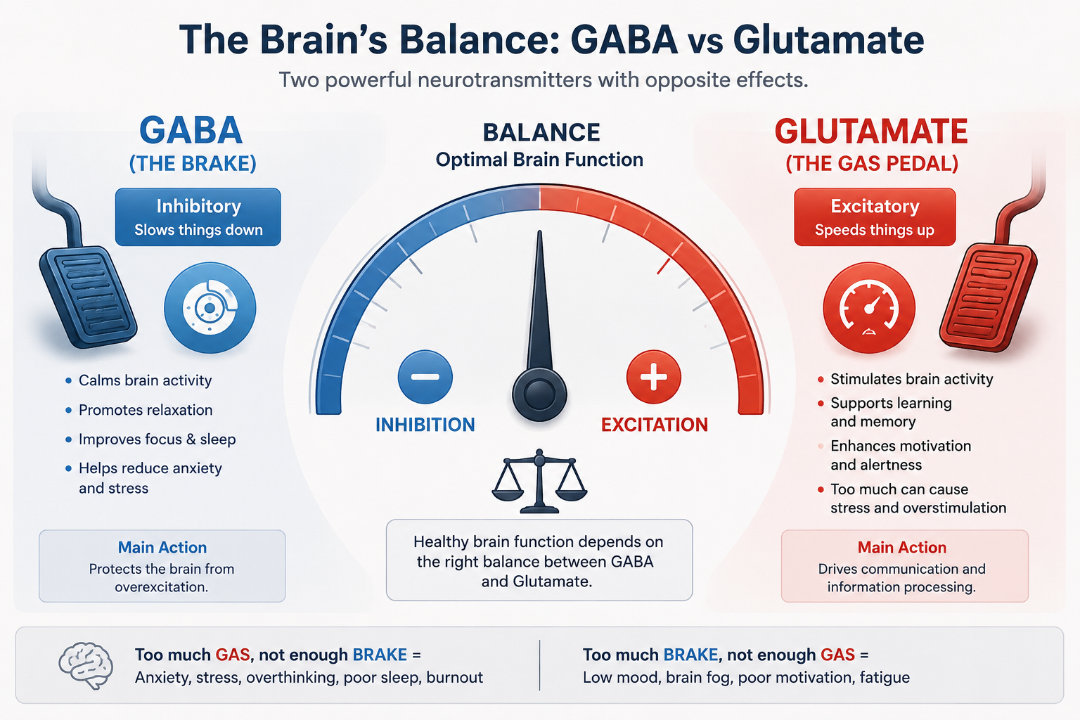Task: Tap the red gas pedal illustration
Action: click(989, 296)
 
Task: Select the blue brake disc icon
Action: click(210, 308)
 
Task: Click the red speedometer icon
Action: click(869, 308)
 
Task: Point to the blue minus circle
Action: click(425, 377)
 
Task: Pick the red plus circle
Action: click(654, 377)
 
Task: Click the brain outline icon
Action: click(86, 665)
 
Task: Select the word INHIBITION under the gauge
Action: click(425, 425)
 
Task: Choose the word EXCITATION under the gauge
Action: click(655, 425)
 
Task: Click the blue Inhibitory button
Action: click(198, 217)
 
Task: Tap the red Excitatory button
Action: click(875, 217)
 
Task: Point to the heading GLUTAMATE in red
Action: click(871, 131)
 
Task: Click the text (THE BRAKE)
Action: click(193, 164)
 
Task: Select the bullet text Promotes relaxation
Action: click(146, 410)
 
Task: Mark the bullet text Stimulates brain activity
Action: click(912, 380)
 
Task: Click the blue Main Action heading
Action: click(162, 547)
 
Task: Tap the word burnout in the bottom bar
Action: click(455, 678)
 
